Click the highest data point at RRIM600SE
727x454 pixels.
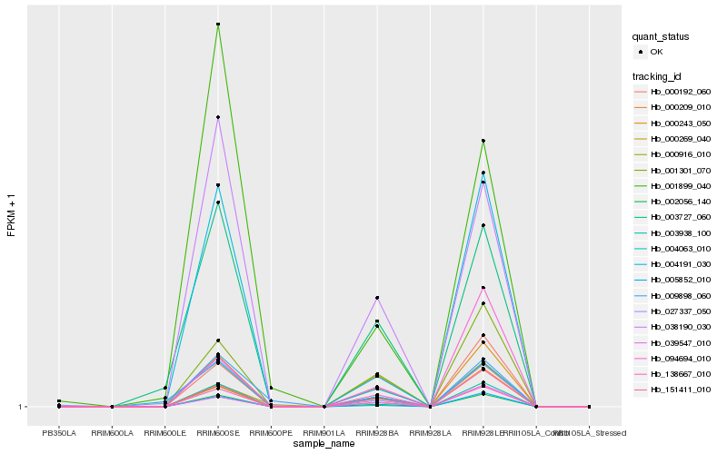[218, 24]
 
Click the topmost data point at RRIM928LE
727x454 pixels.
[483, 141]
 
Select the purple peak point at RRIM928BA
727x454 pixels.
[377, 298]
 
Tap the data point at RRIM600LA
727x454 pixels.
[112, 407]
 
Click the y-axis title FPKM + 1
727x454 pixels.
[12, 216]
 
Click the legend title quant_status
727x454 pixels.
[661, 37]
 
